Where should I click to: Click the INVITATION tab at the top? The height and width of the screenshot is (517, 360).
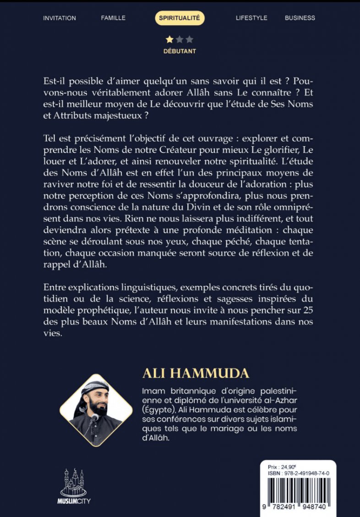[60, 18]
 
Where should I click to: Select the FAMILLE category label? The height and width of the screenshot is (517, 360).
[113, 18]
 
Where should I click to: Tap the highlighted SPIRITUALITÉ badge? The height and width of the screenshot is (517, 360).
[180, 18]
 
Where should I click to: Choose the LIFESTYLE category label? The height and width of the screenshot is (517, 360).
[251, 18]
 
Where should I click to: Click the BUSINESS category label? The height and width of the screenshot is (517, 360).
[300, 18]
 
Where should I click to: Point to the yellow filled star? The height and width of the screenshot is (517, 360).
[169, 40]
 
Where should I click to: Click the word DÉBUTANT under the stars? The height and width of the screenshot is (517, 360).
[180, 51]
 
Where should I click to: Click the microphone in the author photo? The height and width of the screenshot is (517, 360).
[95, 418]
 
